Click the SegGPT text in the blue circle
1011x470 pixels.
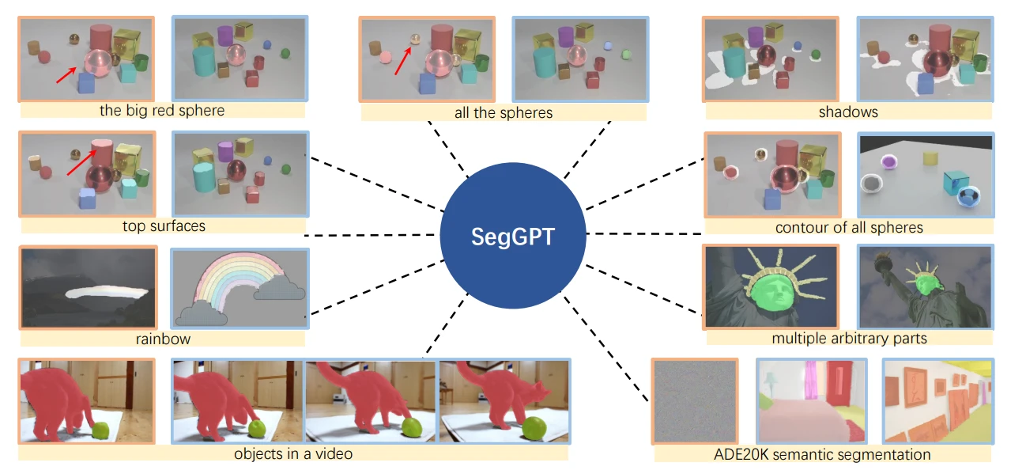(513, 237)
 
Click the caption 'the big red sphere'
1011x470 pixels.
(162, 110)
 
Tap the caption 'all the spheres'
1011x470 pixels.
(504, 112)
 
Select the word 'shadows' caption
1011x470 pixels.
(848, 112)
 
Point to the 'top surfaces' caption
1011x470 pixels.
(164, 226)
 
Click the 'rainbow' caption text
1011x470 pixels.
(163, 339)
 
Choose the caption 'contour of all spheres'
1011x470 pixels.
(849, 227)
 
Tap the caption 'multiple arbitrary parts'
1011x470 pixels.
(849, 338)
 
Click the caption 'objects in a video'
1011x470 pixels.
(293, 453)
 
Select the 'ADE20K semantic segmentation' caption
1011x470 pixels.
(822, 454)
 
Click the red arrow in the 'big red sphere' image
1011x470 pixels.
(66, 75)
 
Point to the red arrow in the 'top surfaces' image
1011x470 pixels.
(81, 163)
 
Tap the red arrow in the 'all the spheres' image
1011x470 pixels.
(403, 61)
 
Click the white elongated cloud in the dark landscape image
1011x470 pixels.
(107, 293)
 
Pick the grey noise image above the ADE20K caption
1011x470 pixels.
(695, 401)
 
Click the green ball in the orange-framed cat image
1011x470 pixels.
(100, 430)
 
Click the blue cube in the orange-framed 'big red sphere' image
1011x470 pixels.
(86, 83)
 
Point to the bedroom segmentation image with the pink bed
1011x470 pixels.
(812, 401)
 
